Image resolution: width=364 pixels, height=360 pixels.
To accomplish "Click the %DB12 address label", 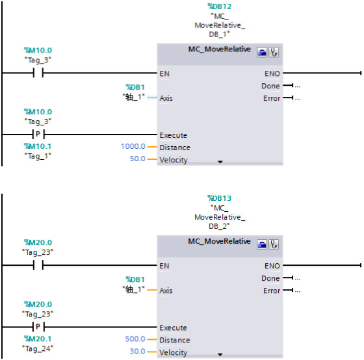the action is point(220,6).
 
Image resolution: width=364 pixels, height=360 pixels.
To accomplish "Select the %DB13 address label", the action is point(220,198).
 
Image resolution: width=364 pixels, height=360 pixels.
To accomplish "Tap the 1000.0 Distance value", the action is point(133,146).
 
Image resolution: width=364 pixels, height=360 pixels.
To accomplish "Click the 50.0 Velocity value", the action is point(137,159).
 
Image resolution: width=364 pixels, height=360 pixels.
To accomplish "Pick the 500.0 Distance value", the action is point(135,339).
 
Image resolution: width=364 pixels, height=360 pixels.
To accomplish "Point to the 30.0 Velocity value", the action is point(137,351).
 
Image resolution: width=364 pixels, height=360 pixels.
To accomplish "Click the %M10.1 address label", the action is point(38,146).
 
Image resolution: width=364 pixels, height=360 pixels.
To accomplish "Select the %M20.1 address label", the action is point(38,339).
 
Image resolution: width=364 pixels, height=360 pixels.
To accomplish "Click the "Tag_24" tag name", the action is point(38,348).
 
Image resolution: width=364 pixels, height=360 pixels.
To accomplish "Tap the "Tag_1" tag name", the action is point(38,156).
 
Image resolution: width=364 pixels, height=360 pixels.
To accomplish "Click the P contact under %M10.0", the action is point(38,134).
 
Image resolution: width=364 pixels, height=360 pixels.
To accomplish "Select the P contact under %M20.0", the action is point(38,327).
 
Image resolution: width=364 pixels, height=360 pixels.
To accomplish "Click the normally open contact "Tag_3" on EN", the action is point(38,73).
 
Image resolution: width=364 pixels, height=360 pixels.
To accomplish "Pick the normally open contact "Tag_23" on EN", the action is point(38,265).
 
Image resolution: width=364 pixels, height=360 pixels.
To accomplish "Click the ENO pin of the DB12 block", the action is point(272,74).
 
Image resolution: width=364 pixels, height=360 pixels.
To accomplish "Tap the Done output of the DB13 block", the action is point(270,278).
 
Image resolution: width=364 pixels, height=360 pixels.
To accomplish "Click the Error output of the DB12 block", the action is point(272,98).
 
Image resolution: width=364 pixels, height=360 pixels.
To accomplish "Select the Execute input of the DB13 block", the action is point(173,328).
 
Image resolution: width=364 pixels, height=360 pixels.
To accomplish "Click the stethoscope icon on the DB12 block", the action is point(274,53).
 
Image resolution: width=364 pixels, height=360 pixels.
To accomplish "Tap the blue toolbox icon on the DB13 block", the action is point(262,244).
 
